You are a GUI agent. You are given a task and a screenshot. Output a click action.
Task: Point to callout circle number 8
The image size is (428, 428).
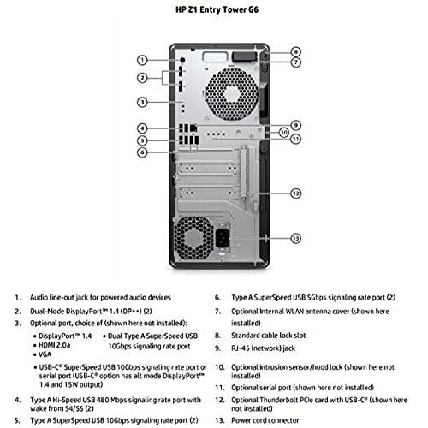click(x=295, y=52)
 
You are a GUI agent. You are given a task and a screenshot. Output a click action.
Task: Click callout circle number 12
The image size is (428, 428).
click(x=295, y=193)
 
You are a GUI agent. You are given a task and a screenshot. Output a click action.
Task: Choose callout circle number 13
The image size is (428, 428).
click(x=295, y=237)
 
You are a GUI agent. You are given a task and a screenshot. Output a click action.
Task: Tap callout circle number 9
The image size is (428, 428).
click(x=295, y=125)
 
